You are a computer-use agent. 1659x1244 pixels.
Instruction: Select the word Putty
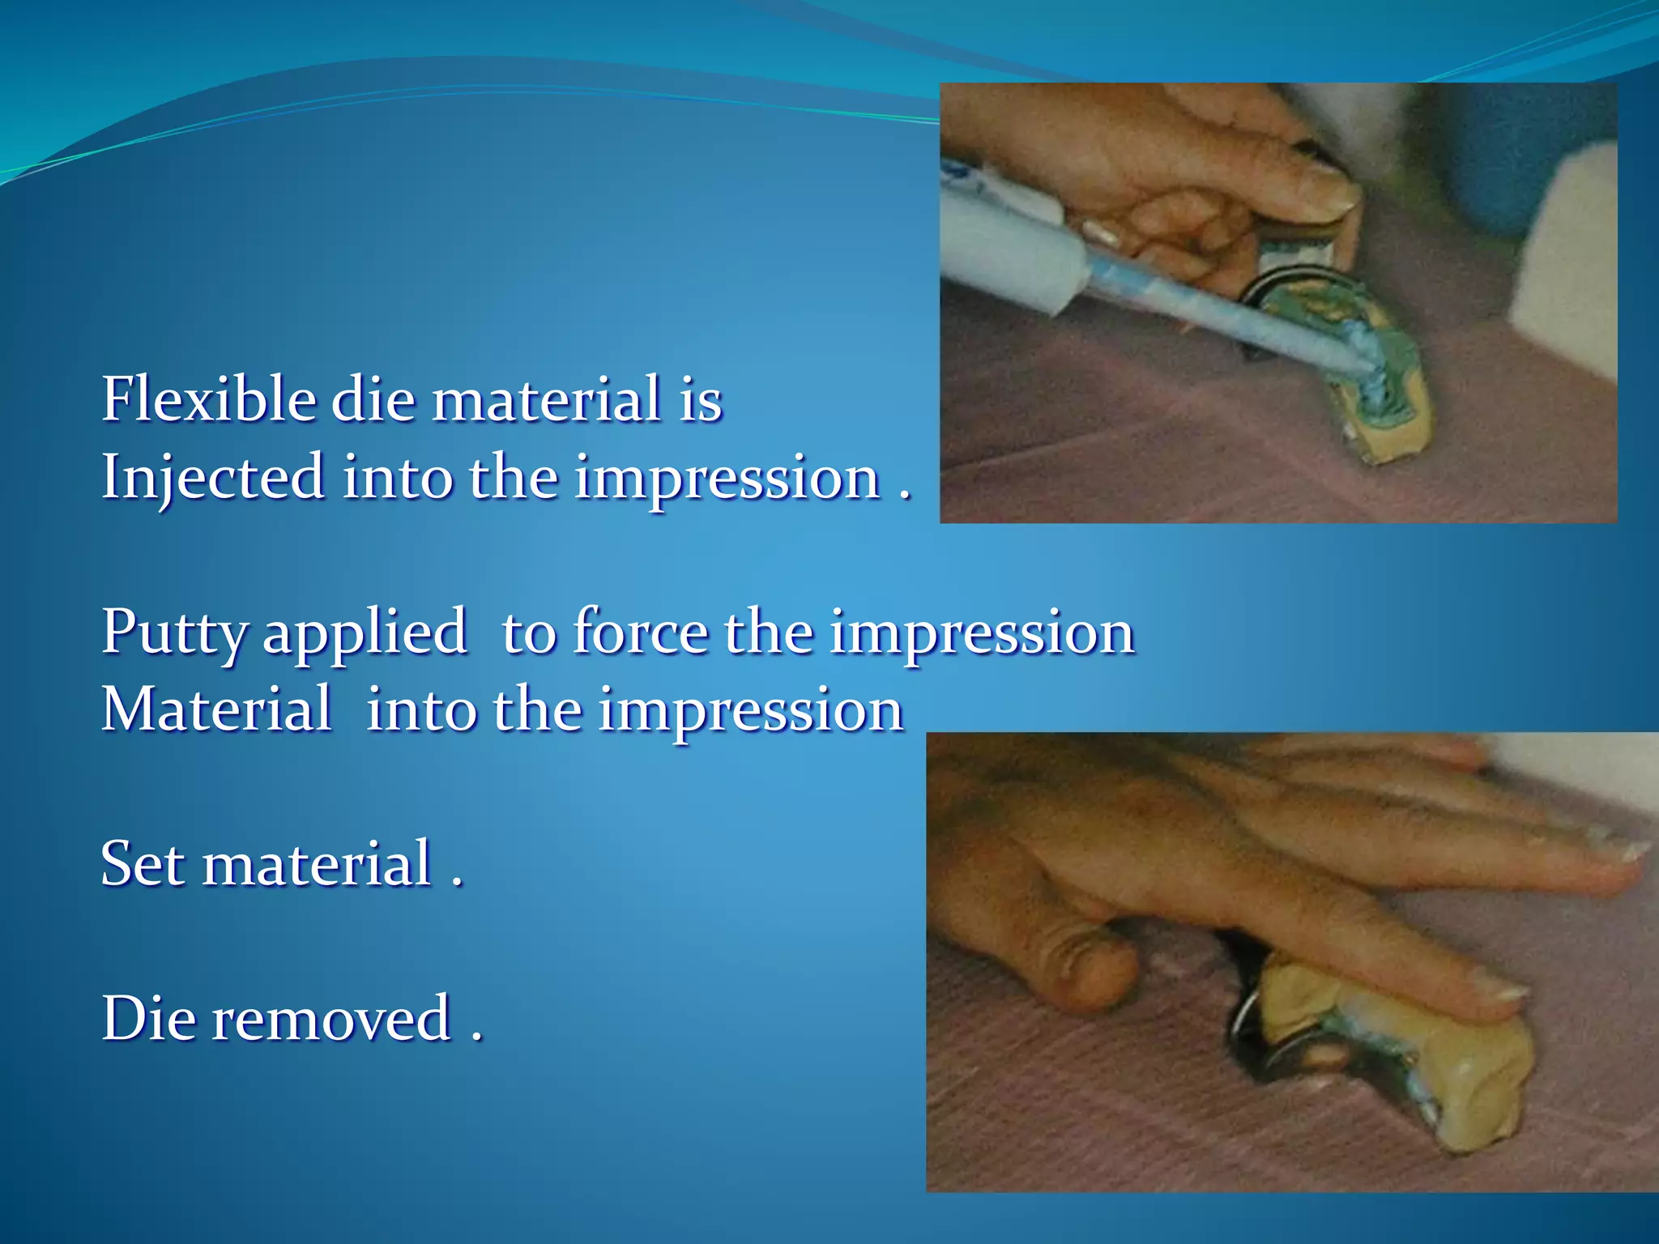[x=172, y=633]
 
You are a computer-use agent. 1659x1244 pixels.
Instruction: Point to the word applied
[x=365, y=633]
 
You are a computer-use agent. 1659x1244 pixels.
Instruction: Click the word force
[x=640, y=631]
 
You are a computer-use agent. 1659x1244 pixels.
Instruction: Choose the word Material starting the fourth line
[x=215, y=709]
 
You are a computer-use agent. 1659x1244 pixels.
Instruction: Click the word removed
[x=331, y=1018]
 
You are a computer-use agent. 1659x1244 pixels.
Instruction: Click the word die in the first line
[x=373, y=399]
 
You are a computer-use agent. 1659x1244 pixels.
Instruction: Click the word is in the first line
[x=700, y=399]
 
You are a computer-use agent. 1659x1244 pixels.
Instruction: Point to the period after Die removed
[x=477, y=1037]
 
